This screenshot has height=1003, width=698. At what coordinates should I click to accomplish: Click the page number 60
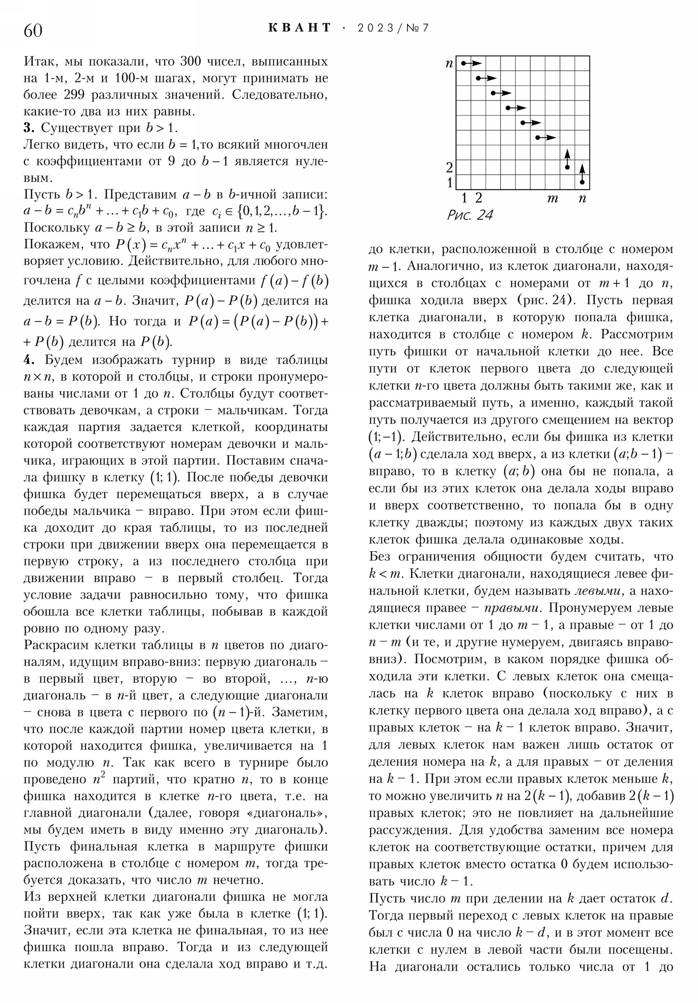pos(33,31)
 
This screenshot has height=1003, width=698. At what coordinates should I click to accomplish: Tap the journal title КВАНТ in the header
pos(299,28)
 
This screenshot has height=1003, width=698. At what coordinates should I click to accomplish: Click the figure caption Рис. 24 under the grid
pos(470,215)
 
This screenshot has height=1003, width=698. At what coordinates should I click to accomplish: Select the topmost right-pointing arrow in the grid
pos(471,63)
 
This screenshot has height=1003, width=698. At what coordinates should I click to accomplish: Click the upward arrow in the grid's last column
pos(582,174)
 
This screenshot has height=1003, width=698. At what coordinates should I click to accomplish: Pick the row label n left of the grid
pos(449,64)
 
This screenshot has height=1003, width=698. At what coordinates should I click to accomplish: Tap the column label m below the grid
pos(552,199)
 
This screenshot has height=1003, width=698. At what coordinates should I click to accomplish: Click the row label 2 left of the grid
pos(449,167)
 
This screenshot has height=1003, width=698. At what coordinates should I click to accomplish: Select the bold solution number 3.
pos(28,128)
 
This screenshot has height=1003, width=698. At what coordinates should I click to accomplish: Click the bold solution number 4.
pos(28,360)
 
